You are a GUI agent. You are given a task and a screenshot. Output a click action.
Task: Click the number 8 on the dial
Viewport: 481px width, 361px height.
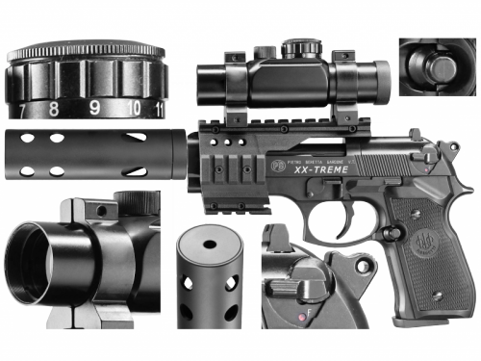54,108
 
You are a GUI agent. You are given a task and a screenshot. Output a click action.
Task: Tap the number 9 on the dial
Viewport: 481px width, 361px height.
94,108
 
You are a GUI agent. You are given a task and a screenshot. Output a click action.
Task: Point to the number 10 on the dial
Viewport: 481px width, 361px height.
135,108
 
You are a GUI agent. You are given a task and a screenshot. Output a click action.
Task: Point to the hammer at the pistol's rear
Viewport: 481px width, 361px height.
452,151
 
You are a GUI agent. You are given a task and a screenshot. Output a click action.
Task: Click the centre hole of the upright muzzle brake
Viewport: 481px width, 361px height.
210,245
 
